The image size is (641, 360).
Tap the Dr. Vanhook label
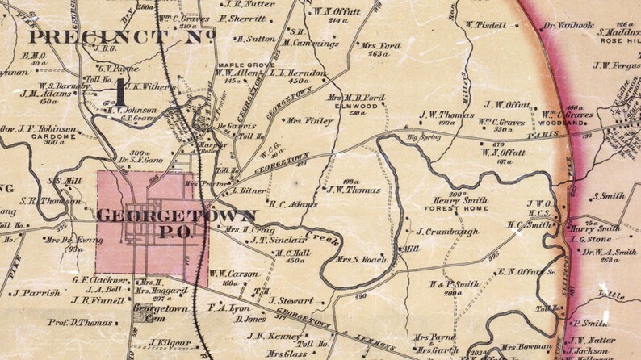(x=569, y=26)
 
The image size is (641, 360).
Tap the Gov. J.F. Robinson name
(x=38, y=129)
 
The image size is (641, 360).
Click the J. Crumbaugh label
(x=450, y=232)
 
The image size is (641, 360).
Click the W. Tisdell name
(x=486, y=24)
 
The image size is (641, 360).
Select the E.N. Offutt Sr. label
(x=521, y=273)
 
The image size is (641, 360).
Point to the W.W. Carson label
(x=233, y=274)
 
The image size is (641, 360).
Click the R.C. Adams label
(x=292, y=204)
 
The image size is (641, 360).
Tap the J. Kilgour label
(x=170, y=342)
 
